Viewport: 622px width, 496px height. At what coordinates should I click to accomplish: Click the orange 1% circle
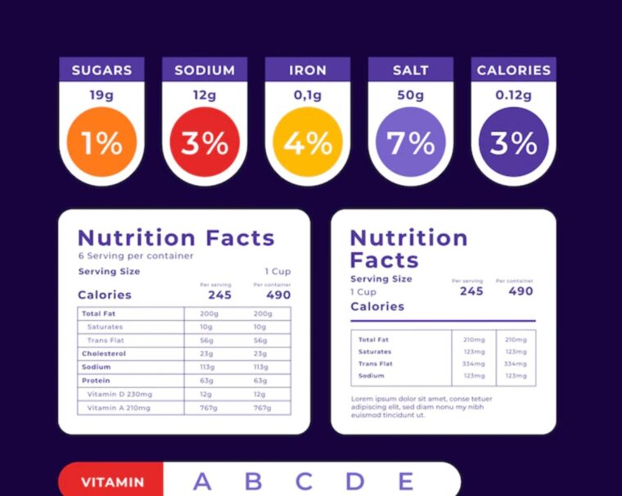pos(101,143)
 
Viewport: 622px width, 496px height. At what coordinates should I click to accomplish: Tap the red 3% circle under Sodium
pos(205,143)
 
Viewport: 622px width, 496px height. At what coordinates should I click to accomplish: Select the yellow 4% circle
pos(308,143)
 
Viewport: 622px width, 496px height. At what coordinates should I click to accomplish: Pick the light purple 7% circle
pos(410,143)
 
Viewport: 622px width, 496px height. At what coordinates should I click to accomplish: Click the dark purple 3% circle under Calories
pos(513,143)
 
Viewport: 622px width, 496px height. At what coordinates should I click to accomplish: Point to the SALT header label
pos(410,70)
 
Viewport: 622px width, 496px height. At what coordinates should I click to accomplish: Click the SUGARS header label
pos(101,70)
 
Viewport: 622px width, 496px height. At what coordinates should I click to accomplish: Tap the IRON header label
pos(308,70)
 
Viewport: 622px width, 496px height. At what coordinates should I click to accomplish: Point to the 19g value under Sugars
pos(101,95)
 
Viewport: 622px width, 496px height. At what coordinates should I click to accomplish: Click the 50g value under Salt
pos(410,95)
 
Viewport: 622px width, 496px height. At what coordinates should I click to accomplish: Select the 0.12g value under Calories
pos(513,95)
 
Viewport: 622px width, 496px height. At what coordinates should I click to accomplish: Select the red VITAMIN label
pos(113,482)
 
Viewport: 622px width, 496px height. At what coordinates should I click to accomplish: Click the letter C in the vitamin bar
pos(304,481)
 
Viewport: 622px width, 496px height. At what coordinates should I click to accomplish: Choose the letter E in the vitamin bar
pos(405,481)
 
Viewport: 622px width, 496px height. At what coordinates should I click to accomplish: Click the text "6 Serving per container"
pos(136,256)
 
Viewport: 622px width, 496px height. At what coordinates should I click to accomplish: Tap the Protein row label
pos(96,381)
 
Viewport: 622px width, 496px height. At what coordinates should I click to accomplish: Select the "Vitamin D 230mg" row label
pos(119,394)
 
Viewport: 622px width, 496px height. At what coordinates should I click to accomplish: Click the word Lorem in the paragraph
pos(362,399)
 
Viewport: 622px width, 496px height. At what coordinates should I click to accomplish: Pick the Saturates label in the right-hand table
pos(375,352)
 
